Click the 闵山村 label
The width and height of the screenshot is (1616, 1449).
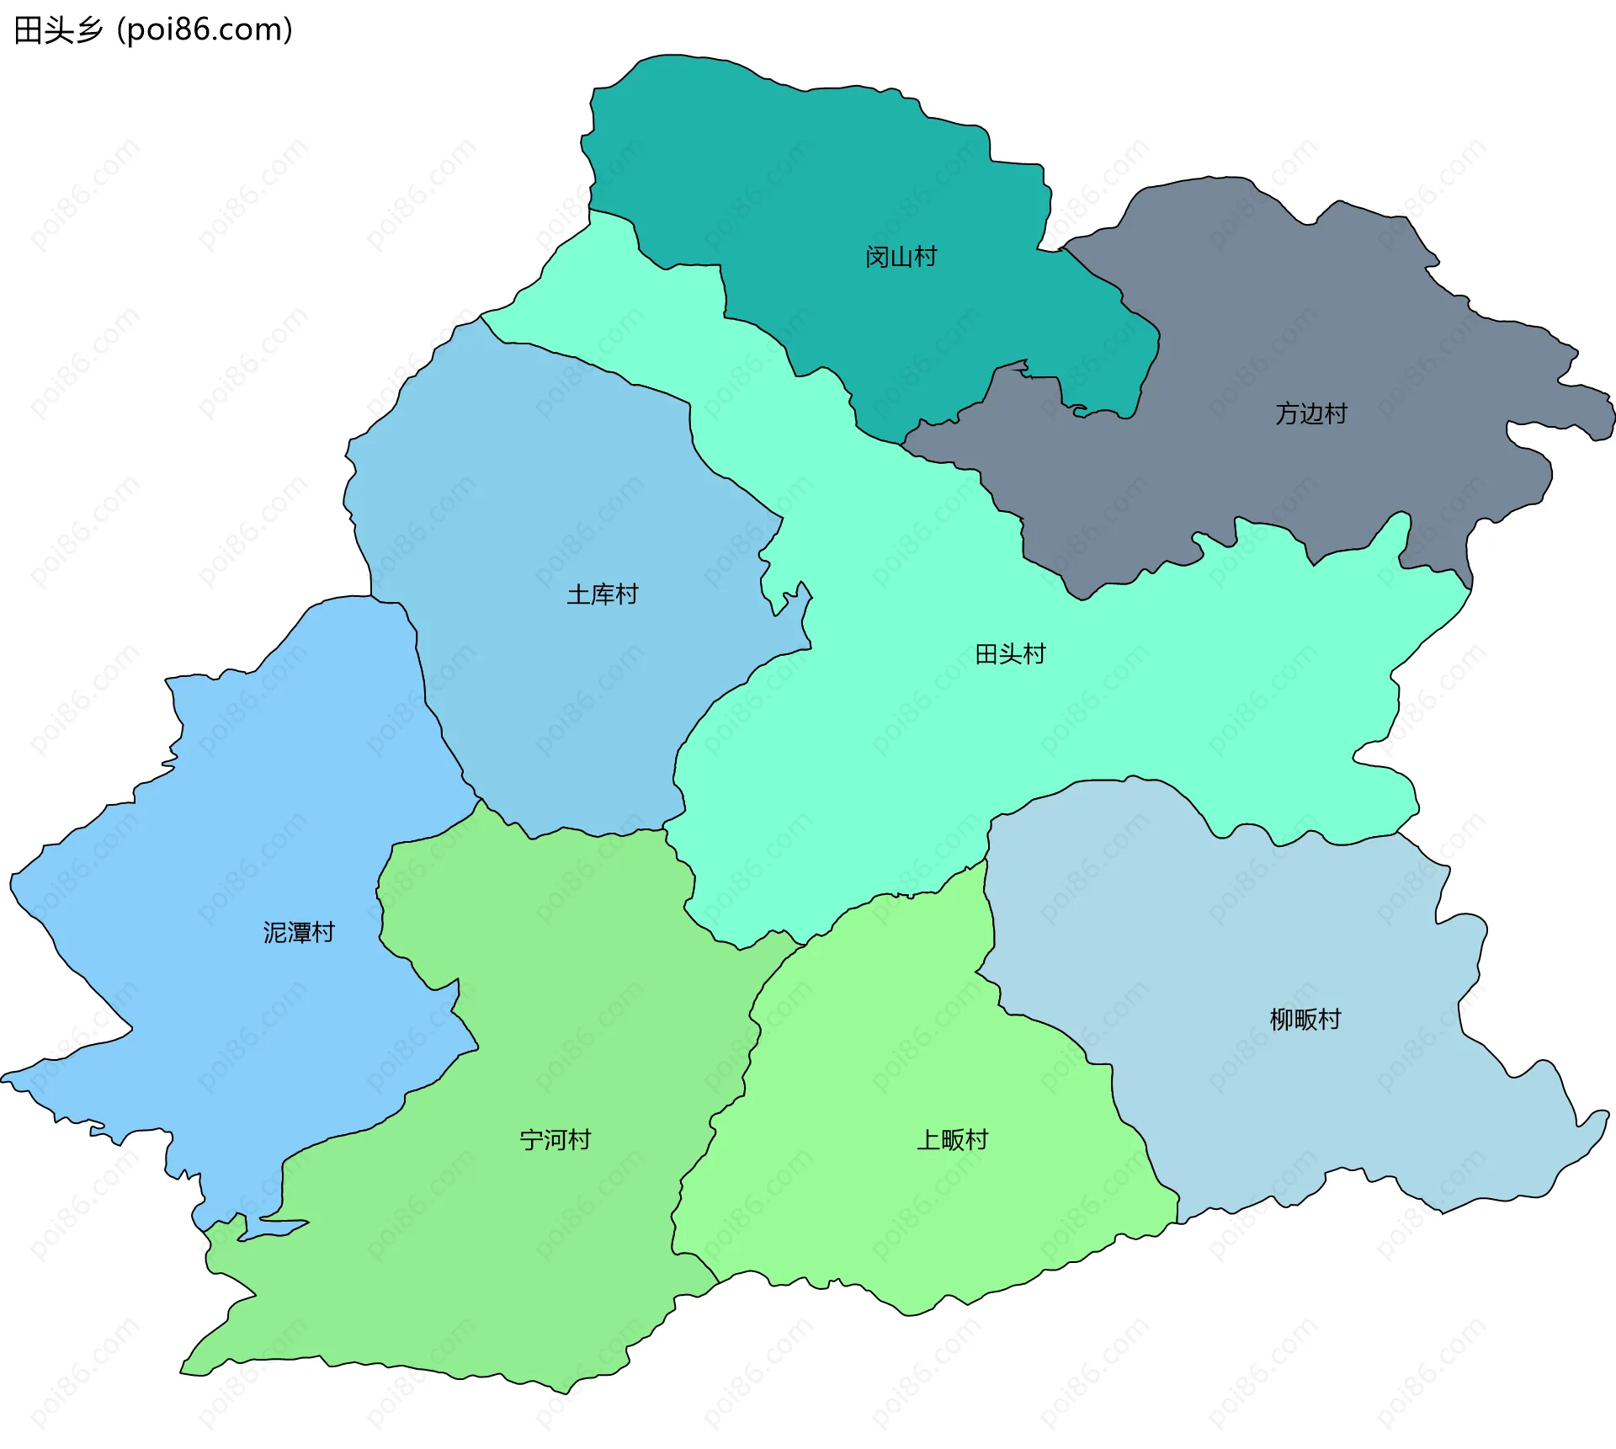click(x=901, y=257)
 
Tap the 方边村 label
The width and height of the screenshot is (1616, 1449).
click(x=1310, y=413)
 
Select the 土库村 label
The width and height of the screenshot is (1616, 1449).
click(x=602, y=594)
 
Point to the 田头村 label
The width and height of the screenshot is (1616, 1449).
click(x=1010, y=654)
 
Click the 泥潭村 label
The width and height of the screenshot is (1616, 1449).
click(x=299, y=932)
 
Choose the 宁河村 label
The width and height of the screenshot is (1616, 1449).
click(x=555, y=1140)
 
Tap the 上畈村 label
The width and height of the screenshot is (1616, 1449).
click(x=952, y=1140)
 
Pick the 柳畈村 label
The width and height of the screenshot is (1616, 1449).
click(x=1305, y=1020)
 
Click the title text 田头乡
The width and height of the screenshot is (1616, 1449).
click(x=58, y=30)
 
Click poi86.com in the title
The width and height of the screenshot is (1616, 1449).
click(x=205, y=30)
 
